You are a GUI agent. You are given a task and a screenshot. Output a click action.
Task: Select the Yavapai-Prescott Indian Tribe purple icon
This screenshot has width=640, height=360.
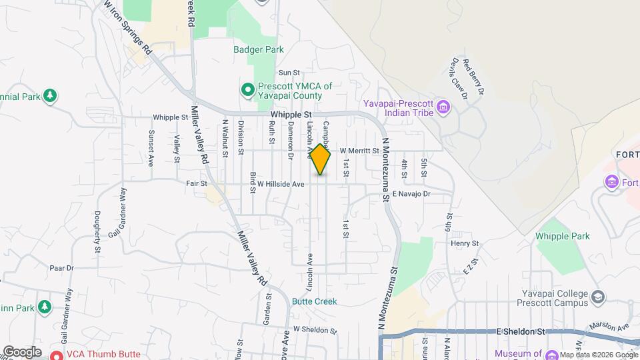pyautogui.click(x=442, y=107)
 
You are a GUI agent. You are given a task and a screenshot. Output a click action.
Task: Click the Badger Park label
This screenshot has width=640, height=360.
pyautogui.click(x=259, y=49)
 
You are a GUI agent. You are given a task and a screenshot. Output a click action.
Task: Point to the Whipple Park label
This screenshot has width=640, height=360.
pyautogui.click(x=563, y=236)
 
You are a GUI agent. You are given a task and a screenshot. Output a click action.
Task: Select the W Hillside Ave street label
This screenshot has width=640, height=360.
pyautogui.click(x=281, y=184)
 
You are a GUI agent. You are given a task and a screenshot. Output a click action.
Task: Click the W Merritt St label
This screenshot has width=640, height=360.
pyautogui.click(x=359, y=151)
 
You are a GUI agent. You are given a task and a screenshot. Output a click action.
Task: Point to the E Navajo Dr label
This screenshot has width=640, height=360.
pyautogui.click(x=412, y=193)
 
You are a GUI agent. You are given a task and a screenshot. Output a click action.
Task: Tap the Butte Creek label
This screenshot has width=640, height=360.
pyautogui.click(x=314, y=301)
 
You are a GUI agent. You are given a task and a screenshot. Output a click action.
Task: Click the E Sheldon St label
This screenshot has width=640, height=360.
pyautogui.click(x=521, y=331)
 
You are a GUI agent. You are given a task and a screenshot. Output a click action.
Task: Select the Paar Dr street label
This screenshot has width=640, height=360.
pyautogui.click(x=61, y=267)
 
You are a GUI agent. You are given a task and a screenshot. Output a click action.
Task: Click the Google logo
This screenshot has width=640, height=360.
pyautogui.click(x=22, y=351)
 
